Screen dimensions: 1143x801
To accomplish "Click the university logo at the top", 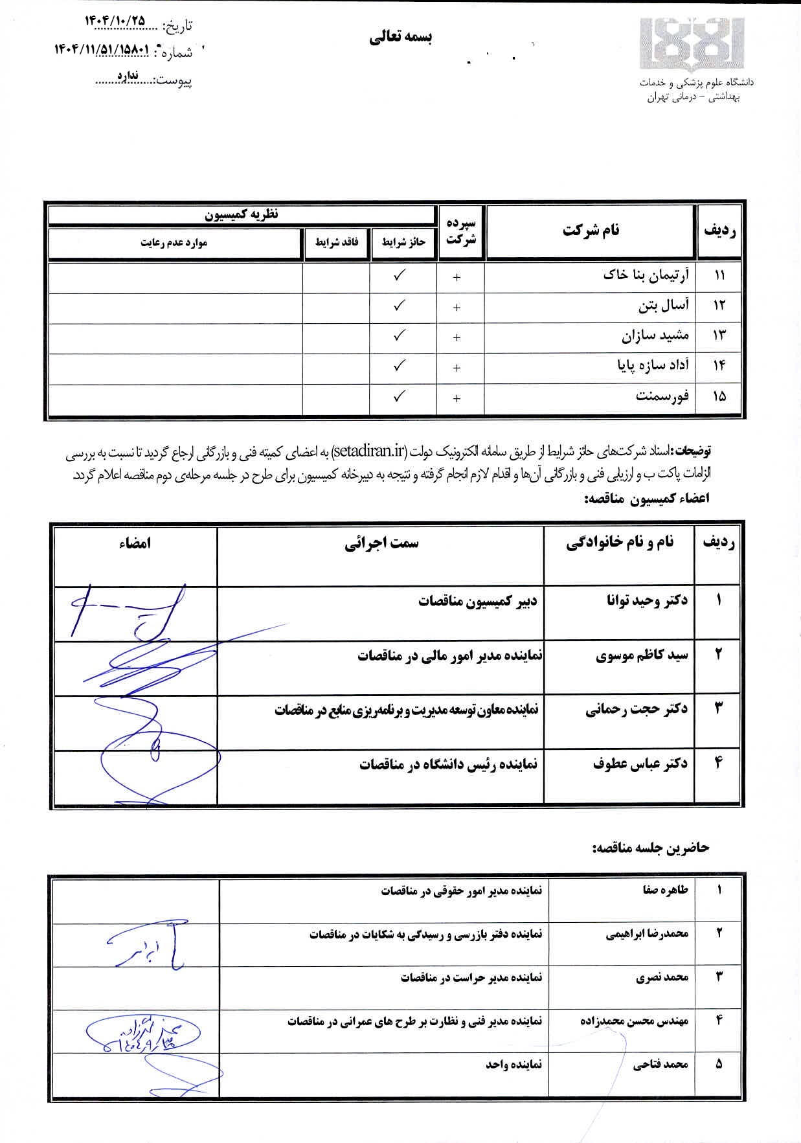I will [x=692, y=43].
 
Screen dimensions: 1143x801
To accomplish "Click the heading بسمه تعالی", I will [x=401, y=38].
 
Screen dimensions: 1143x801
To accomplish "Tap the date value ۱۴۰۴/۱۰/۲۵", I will [x=115, y=20].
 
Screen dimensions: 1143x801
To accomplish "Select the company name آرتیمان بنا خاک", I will [x=646, y=275].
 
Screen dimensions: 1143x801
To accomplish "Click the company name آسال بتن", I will [x=663, y=305].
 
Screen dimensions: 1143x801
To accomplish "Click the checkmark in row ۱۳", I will [x=400, y=335].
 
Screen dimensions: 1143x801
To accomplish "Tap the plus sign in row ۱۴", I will [x=457, y=367].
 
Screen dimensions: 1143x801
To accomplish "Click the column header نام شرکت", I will [x=591, y=230].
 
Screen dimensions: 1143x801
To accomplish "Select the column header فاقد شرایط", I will [x=336, y=243].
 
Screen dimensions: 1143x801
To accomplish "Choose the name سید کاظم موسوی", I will [x=642, y=656].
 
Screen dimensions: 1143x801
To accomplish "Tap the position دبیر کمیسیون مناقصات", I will [x=477, y=601].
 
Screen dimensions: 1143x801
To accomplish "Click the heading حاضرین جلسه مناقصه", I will [x=650, y=848].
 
